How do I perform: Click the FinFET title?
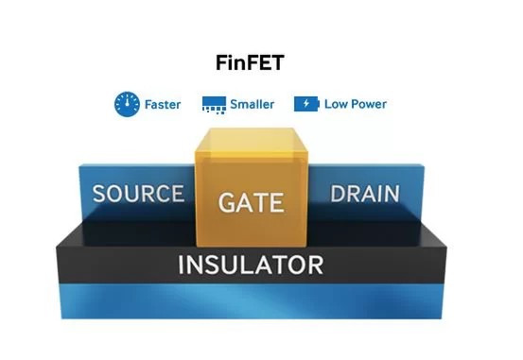250,62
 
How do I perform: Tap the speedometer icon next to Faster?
127,104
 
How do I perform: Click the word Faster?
163,104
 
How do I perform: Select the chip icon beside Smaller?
214,105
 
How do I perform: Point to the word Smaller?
253,104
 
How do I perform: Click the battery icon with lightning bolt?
306,104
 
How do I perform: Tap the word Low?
336,104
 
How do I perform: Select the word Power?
368,104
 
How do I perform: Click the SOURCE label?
138,194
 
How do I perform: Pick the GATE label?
252,202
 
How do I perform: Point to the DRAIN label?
365,194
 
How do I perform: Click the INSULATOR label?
251,265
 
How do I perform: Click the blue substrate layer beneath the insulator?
251,301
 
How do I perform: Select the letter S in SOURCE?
99,194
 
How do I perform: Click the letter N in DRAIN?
392,194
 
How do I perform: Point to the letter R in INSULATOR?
315,265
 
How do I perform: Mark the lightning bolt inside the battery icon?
306,104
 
